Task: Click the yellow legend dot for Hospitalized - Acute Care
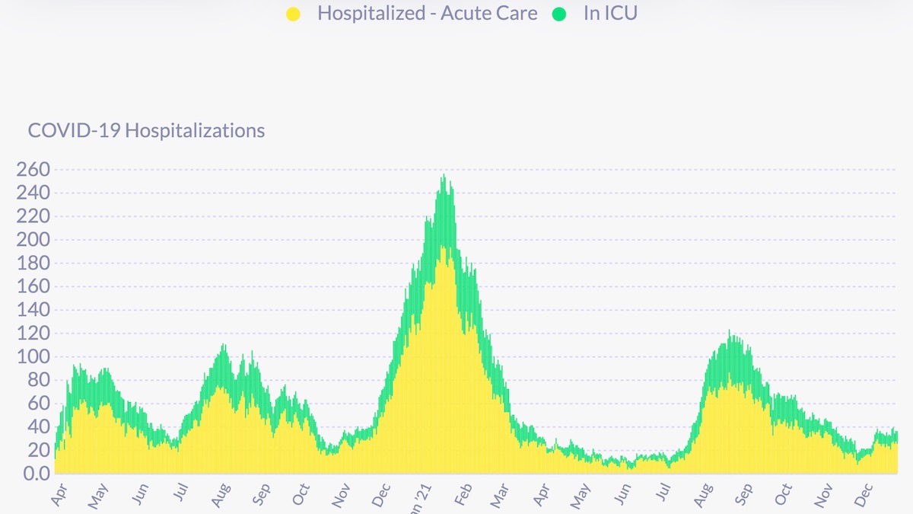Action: [294, 14]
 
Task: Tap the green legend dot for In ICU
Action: [560, 14]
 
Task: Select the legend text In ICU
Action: [610, 14]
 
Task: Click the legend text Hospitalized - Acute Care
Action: [427, 14]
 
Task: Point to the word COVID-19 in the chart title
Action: [74, 130]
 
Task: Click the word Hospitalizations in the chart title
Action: [195, 130]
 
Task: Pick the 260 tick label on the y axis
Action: [32, 169]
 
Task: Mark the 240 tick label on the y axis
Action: [32, 193]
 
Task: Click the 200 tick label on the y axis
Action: [32, 240]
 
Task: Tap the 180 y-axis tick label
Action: [32, 263]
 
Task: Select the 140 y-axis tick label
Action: [32, 310]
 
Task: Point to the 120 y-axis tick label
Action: [32, 334]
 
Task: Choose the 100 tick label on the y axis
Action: [32, 357]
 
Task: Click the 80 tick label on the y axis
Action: [37, 381]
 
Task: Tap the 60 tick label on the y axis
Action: [37, 404]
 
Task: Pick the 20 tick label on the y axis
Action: [37, 451]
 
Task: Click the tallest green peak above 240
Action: [444, 177]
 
